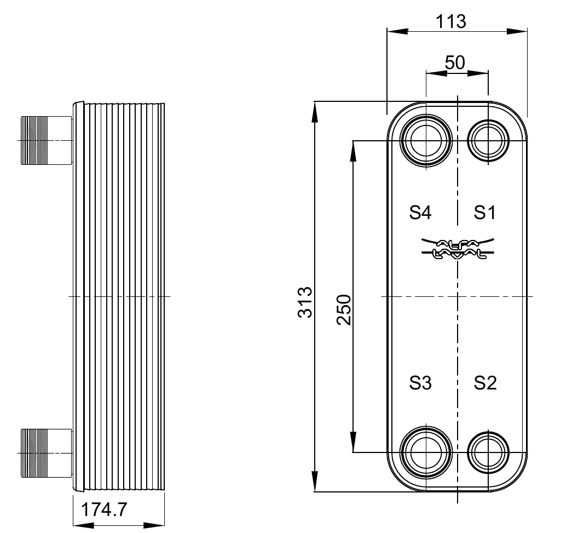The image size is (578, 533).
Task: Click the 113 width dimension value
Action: point(451,22)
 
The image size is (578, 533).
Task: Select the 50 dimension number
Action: point(455,62)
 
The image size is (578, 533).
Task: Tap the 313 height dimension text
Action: point(305,302)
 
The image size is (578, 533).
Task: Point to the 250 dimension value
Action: point(344,310)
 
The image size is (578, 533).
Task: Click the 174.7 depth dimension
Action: point(104,510)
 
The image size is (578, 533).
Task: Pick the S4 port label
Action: point(420,213)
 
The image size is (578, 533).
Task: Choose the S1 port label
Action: point(485,213)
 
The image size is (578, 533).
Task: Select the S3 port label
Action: point(420,383)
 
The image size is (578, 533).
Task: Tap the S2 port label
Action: point(485,383)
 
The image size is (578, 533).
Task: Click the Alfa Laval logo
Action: point(458,248)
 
